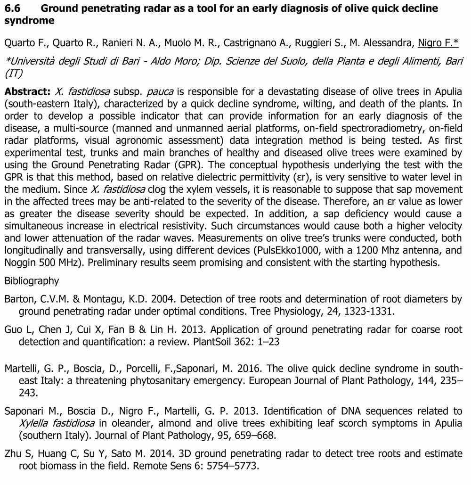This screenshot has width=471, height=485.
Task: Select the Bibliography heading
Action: click(x=32, y=281)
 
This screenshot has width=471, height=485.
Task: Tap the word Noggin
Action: click(x=23, y=263)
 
